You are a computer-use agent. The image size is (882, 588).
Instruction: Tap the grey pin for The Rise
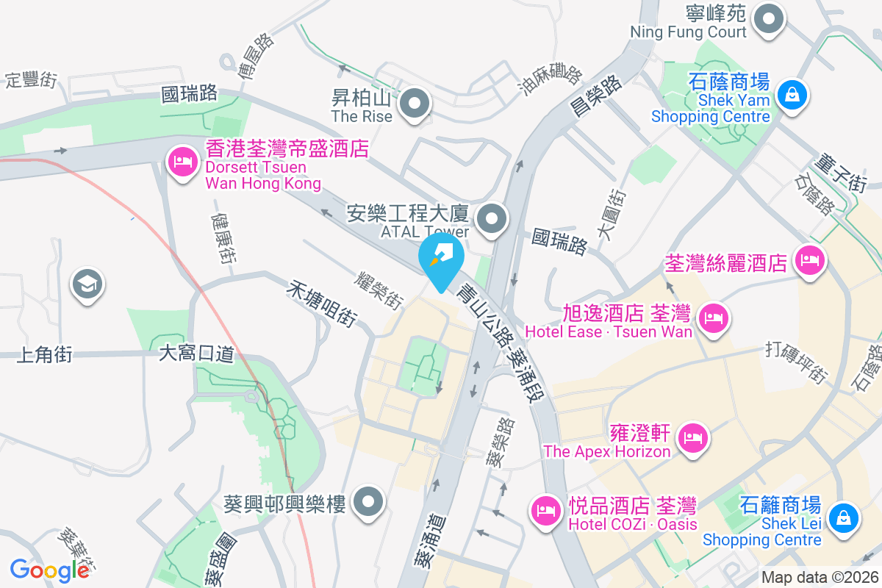click(x=416, y=103)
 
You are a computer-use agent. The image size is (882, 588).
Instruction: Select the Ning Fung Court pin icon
click(x=770, y=19)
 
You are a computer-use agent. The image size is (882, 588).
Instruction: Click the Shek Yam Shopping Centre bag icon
click(x=792, y=96)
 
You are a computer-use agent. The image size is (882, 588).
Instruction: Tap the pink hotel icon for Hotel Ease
click(x=712, y=318)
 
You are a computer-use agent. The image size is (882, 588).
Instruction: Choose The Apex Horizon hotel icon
click(x=692, y=439)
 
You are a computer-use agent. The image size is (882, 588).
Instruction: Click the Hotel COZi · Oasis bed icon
click(x=545, y=509)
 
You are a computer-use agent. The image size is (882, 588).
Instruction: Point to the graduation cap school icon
click(x=87, y=284)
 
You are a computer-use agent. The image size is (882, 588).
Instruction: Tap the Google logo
click(x=49, y=570)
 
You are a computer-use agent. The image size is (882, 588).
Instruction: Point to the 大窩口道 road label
click(x=196, y=354)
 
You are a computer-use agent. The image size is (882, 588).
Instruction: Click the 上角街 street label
click(x=43, y=355)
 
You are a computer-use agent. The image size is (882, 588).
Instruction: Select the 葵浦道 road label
click(x=430, y=540)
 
